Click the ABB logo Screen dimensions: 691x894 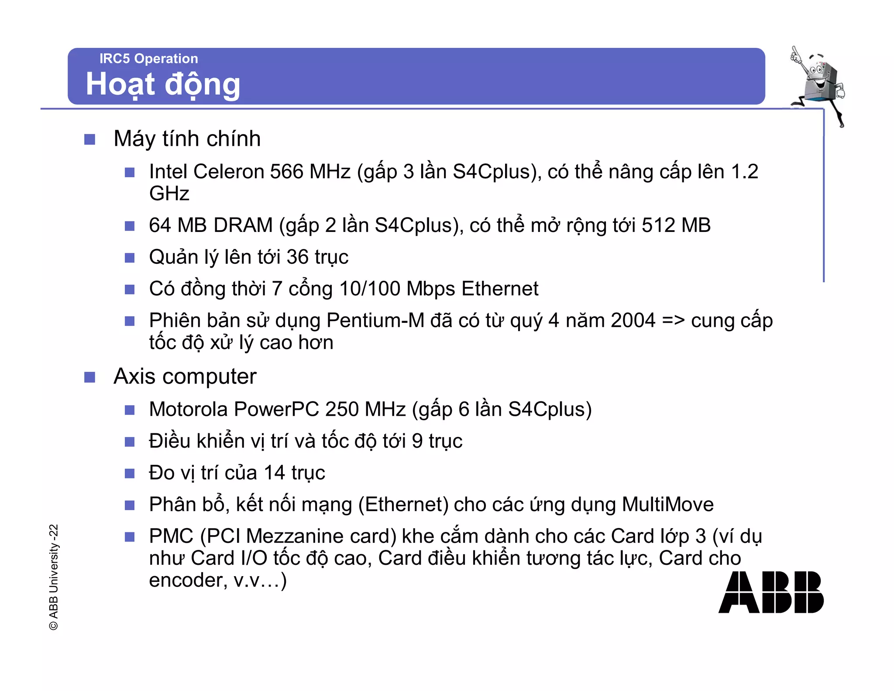[x=770, y=592]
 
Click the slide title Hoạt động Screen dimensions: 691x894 [x=163, y=84]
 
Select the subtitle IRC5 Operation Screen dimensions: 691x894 [x=148, y=59]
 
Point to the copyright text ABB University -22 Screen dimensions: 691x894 [x=53, y=577]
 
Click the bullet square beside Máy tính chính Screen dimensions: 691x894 [x=89, y=139]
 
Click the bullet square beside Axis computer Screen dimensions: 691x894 [x=89, y=377]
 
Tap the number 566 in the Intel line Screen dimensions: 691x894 [x=286, y=172]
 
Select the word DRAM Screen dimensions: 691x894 [x=243, y=225]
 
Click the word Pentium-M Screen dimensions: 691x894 [x=375, y=321]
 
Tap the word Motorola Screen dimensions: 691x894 [x=189, y=409]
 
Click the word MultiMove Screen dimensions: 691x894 [x=667, y=504]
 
